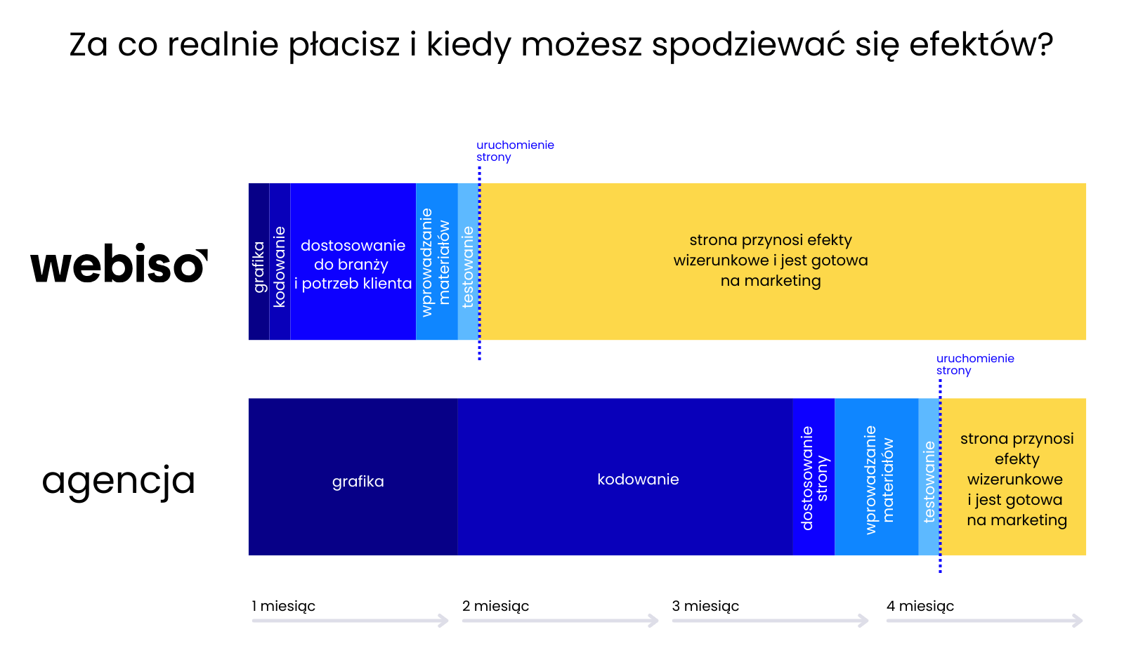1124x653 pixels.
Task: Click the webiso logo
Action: click(119, 263)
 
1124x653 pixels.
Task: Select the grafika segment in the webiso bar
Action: click(259, 261)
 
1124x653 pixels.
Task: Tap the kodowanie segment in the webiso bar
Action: click(280, 261)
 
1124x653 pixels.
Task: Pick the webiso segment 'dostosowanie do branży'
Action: click(353, 261)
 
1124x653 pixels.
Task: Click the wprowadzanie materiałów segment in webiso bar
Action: click(437, 261)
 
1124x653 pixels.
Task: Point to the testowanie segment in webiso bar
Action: click(469, 261)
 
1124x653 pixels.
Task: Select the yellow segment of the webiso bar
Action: click(783, 261)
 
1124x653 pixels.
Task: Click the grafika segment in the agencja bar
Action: click(353, 477)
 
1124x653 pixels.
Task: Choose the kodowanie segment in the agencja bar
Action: click(625, 477)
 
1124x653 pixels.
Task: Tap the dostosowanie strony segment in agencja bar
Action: click(814, 477)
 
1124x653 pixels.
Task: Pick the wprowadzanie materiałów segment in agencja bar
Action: click(877, 477)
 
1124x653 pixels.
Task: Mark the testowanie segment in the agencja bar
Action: click(929, 477)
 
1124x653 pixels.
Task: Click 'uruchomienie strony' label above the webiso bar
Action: click(516, 151)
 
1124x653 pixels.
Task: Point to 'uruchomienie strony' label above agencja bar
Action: click(976, 364)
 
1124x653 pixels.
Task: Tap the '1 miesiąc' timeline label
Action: click(284, 607)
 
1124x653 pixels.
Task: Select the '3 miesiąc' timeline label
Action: click(705, 607)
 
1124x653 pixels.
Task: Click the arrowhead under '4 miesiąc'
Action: click(1078, 621)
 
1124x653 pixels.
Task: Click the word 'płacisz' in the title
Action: click(344, 45)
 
